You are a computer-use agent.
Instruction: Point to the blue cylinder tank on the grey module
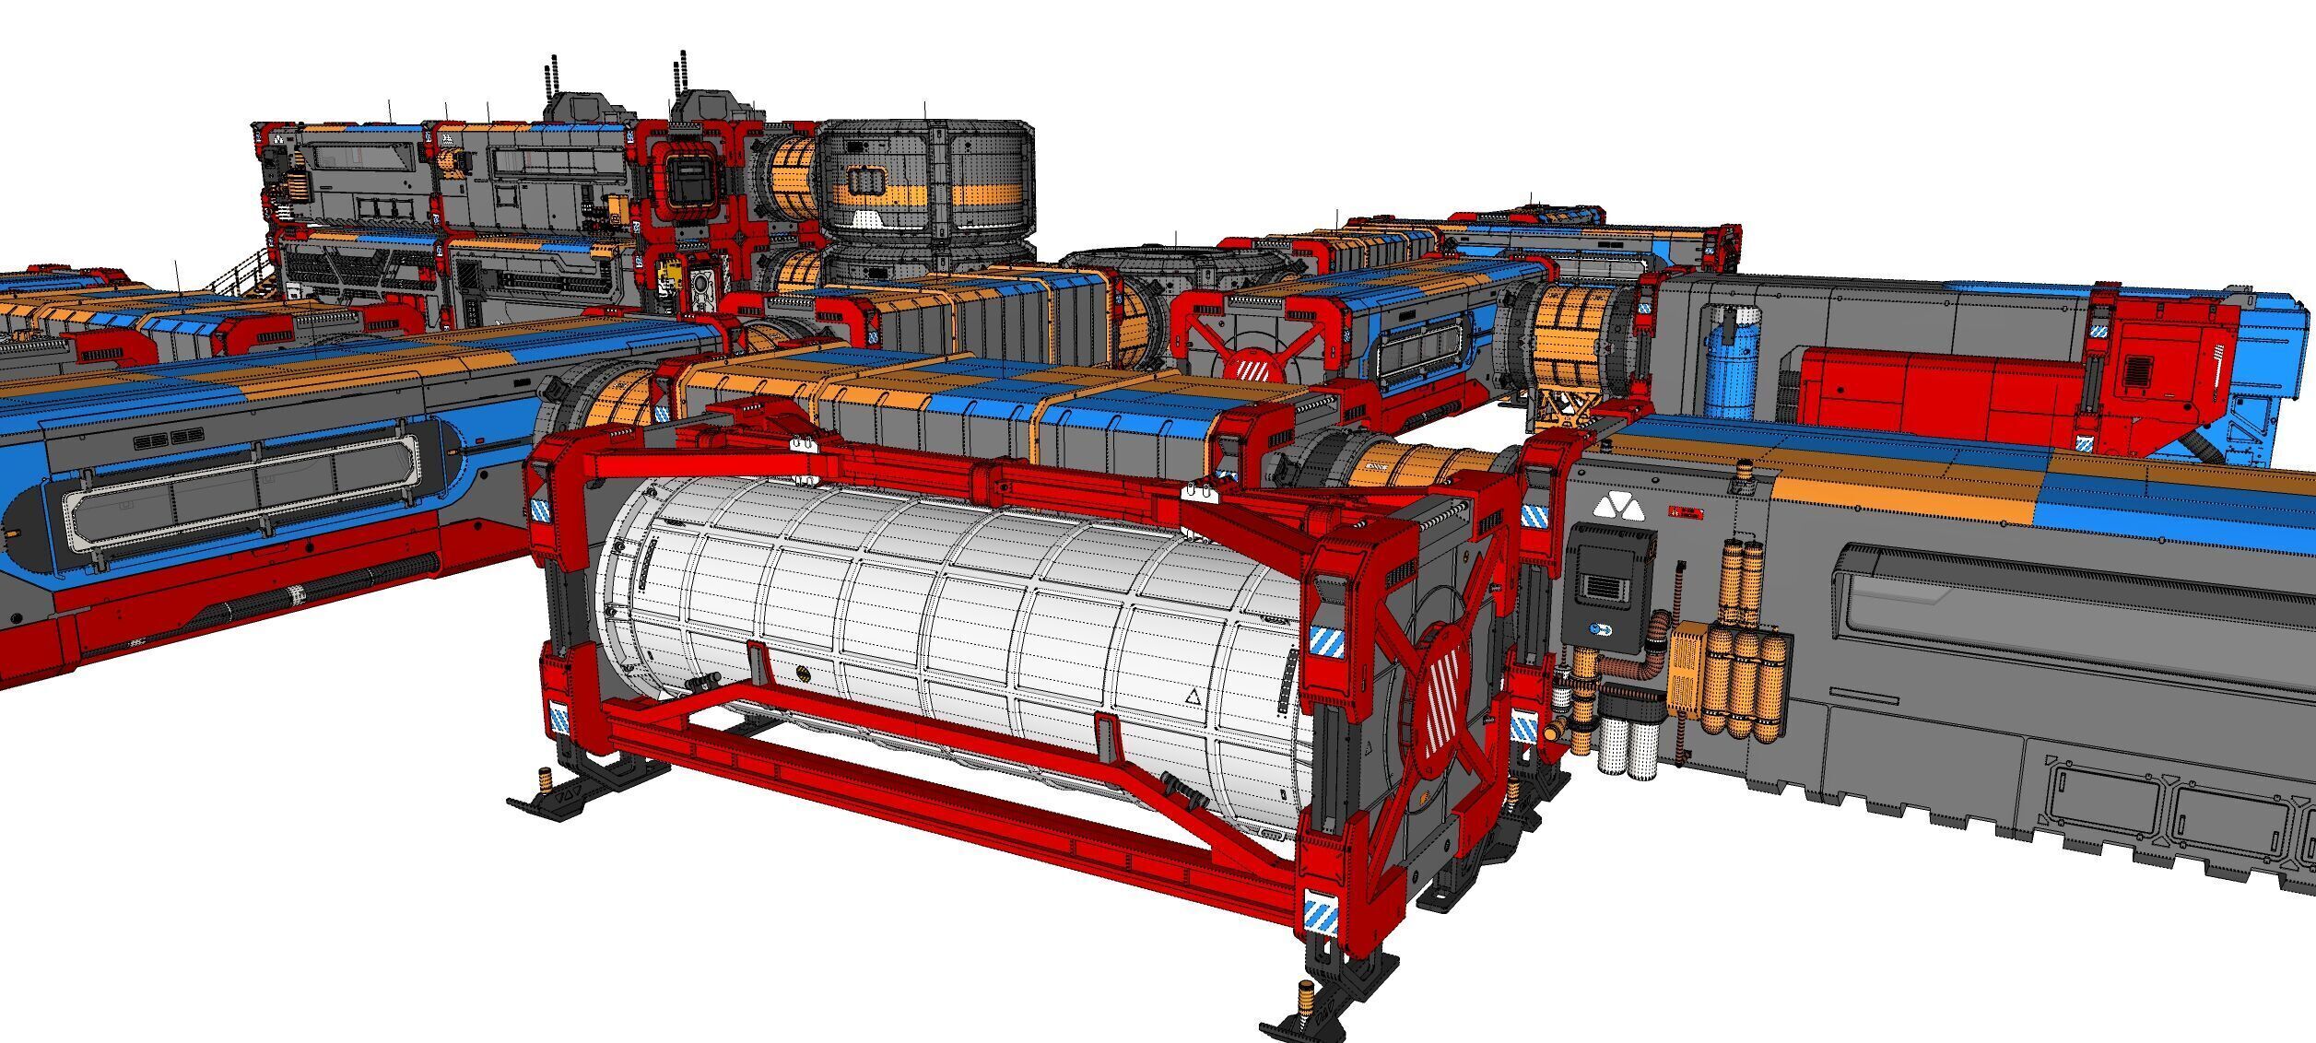pyautogui.click(x=1732, y=365)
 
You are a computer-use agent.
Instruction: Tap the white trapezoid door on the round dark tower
pyautogui.click(x=867, y=219)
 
